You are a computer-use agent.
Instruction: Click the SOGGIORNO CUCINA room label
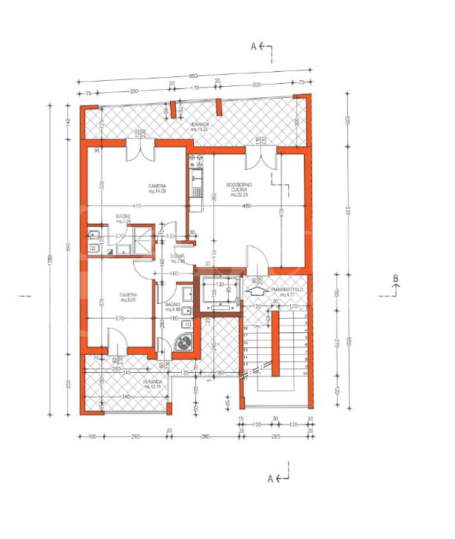pyautogui.click(x=239, y=188)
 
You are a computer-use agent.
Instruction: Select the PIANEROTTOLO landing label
pyautogui.click(x=287, y=291)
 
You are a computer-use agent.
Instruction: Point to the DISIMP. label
pyautogui.click(x=177, y=258)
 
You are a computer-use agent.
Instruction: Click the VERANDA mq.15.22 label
pyautogui.click(x=198, y=126)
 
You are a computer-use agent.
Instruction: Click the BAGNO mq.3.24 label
pyautogui.click(x=123, y=219)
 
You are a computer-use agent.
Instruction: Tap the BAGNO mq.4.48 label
pyautogui.click(x=173, y=306)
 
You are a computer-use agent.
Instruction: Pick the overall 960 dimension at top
pyautogui.click(x=192, y=76)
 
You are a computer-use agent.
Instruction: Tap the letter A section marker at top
pyautogui.click(x=254, y=46)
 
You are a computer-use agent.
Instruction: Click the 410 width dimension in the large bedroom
pyautogui.click(x=137, y=206)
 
